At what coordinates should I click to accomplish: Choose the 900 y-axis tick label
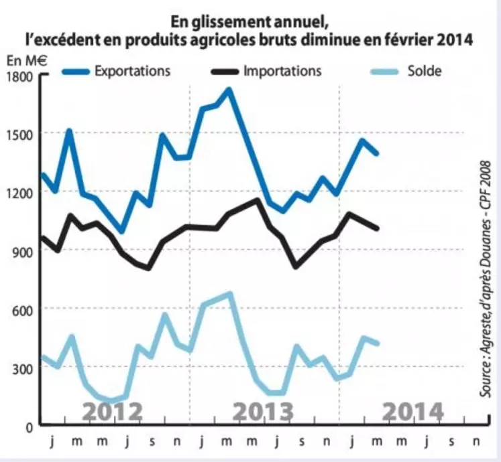point(22,250)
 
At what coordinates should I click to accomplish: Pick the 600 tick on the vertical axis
point(22,309)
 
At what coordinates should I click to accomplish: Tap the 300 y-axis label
point(22,367)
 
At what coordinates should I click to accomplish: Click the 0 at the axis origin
point(29,425)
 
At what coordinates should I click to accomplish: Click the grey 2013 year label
point(264,410)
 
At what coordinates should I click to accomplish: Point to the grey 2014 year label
point(412,410)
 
